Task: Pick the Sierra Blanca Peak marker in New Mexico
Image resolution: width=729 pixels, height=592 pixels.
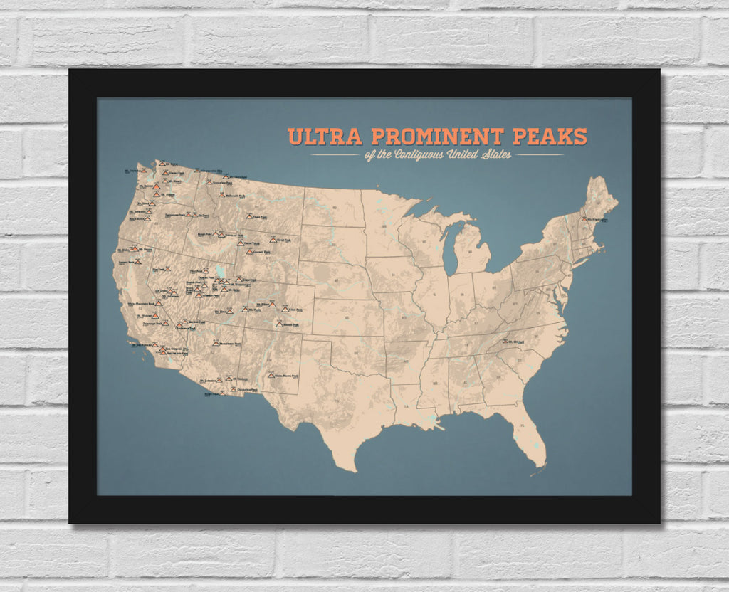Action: (x=271, y=374)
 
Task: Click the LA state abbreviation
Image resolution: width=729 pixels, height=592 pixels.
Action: (x=408, y=407)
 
